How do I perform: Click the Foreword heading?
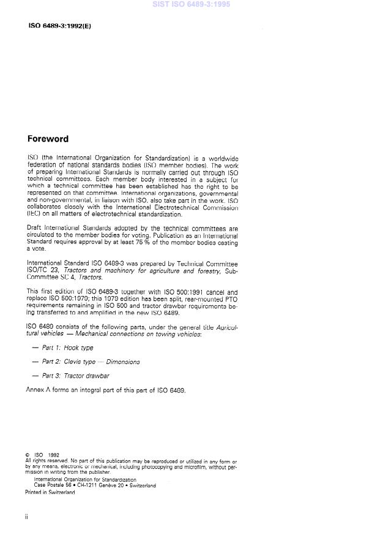48,139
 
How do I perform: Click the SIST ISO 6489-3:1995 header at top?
191,4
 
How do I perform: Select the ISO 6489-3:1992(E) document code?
59,26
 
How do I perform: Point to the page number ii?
27,517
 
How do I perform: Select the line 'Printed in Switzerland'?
50,492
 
